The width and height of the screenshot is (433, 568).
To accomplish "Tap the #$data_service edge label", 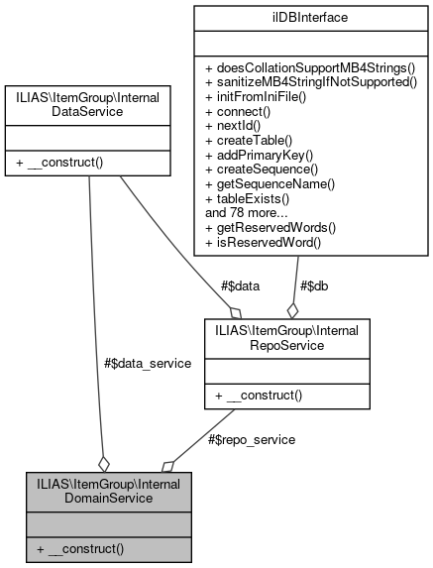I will (148, 363).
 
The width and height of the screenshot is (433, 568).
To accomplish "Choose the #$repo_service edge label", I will (251, 438).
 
